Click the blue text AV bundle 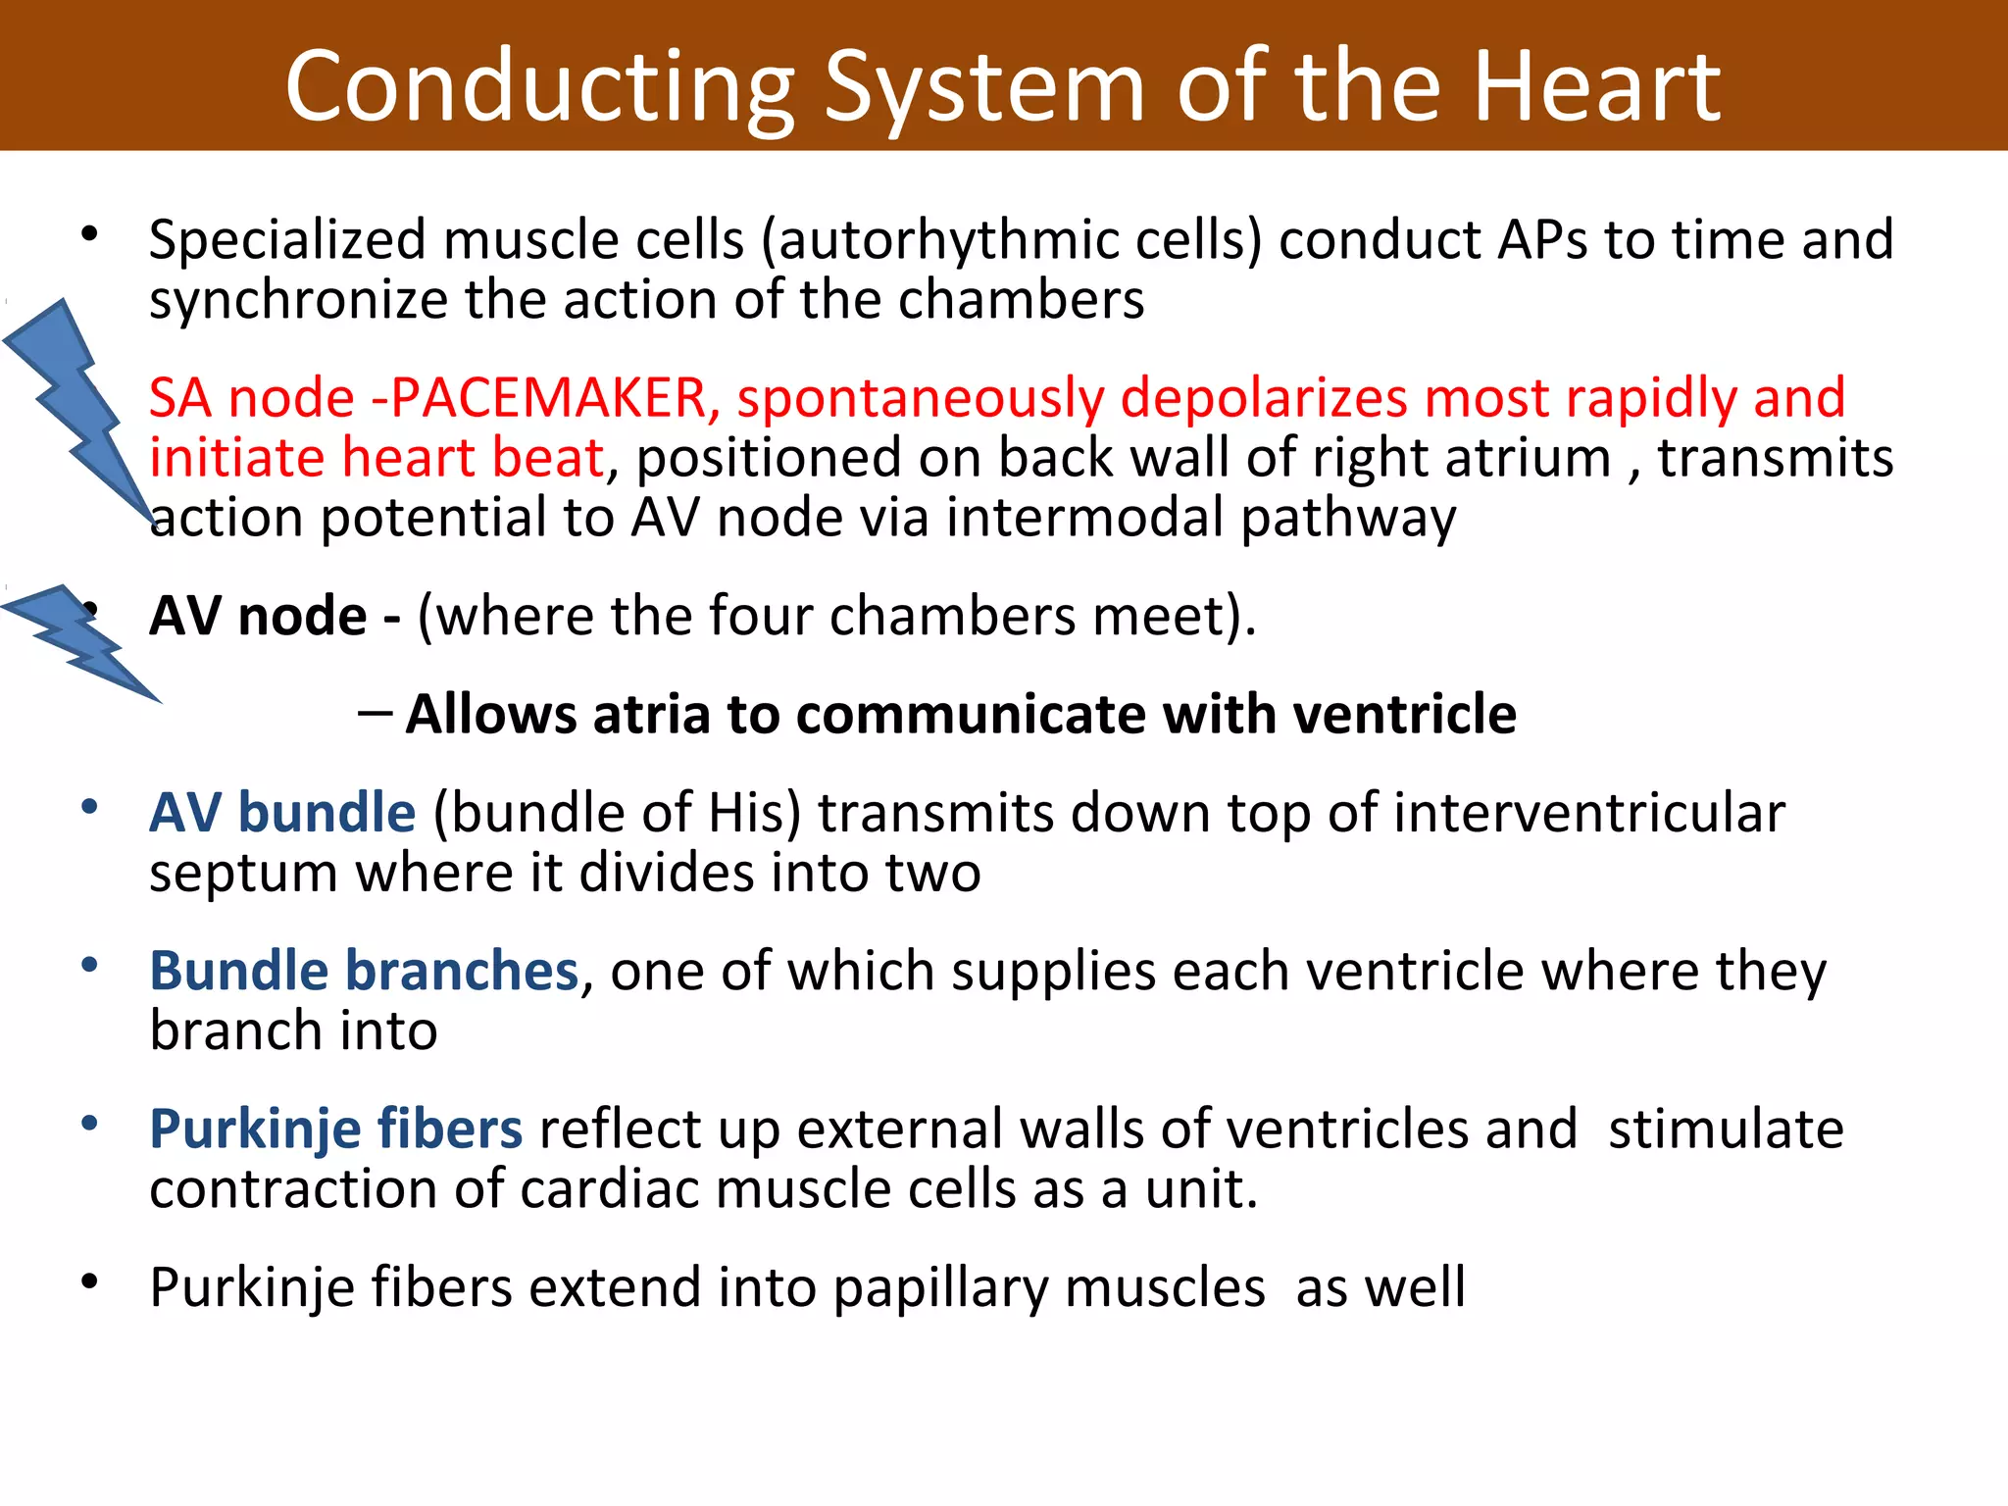pyautogui.click(x=282, y=813)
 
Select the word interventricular pyautogui.click(x=1588, y=813)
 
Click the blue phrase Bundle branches pyautogui.click(x=364, y=971)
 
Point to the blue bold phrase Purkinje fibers pyautogui.click(x=335, y=1129)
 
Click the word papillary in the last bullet pyautogui.click(x=940, y=1288)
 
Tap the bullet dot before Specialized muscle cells pyautogui.click(x=90, y=234)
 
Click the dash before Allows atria pyautogui.click(x=375, y=712)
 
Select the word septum pyautogui.click(x=242, y=873)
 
